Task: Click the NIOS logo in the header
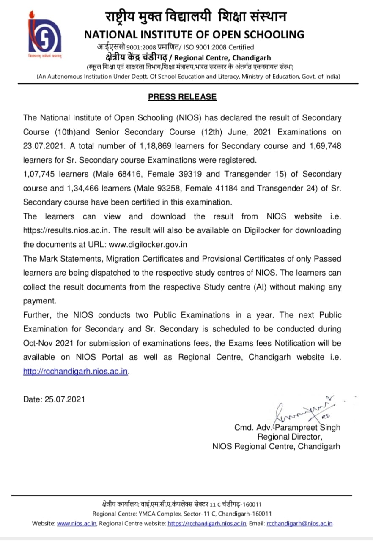coord(44,36)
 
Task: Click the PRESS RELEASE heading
coord(182,97)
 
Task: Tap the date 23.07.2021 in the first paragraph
coord(44,146)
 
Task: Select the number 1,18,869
coord(156,146)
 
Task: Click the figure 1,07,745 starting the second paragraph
coord(41,174)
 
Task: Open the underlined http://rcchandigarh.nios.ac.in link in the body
coord(76,372)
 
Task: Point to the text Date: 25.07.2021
coord(54,399)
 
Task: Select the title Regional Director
coord(289,437)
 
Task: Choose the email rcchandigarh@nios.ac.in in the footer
coord(299,523)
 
